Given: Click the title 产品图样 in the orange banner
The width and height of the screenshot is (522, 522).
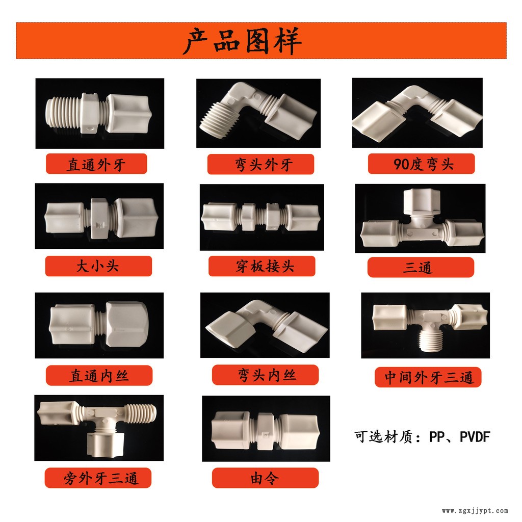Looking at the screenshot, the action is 242,41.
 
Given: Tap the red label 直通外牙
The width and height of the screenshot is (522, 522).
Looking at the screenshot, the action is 96,164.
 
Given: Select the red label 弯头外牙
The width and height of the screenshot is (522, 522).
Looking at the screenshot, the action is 260,164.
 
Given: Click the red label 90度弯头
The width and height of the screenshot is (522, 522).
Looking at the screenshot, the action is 421,164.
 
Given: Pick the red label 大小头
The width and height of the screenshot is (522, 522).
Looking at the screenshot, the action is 98,266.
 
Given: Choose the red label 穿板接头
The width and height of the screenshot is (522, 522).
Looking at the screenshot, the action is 262,266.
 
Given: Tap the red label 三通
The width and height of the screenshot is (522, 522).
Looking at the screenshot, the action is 421,267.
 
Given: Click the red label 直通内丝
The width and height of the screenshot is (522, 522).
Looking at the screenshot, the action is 99,376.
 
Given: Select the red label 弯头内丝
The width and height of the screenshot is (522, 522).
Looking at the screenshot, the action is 265,375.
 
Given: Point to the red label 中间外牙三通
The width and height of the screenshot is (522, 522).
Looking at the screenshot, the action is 428,377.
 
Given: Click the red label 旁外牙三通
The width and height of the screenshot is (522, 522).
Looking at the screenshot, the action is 98,478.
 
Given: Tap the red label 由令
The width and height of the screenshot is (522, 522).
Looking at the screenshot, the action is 265,478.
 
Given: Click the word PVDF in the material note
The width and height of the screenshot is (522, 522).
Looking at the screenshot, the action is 475,437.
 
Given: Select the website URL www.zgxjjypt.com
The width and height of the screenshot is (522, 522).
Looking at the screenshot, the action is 475,511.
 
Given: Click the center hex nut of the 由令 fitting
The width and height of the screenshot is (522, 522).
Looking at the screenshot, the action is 265,431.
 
